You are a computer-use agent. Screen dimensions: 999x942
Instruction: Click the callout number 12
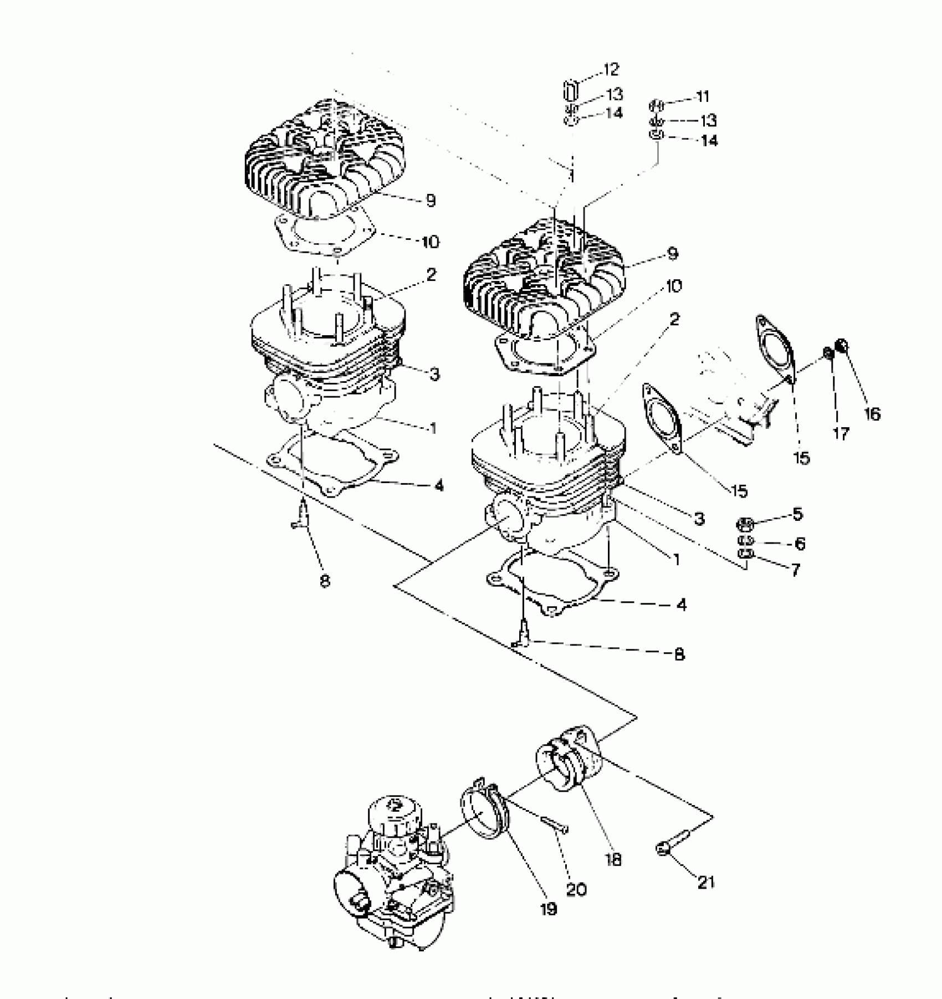(x=611, y=70)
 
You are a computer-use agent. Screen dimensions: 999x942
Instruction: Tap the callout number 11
(x=702, y=96)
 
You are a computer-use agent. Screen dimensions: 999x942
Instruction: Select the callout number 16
(x=872, y=413)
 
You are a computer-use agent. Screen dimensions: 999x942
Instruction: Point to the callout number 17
(x=841, y=434)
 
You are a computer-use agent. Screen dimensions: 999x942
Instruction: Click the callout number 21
(x=705, y=882)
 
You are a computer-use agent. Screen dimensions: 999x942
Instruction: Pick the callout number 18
(x=614, y=859)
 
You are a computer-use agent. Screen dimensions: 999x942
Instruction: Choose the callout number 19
(x=548, y=909)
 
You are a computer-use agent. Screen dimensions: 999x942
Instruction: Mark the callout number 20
(x=576, y=889)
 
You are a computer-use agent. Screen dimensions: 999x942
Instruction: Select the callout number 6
(x=800, y=544)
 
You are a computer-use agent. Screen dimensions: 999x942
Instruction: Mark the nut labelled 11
(x=656, y=104)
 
